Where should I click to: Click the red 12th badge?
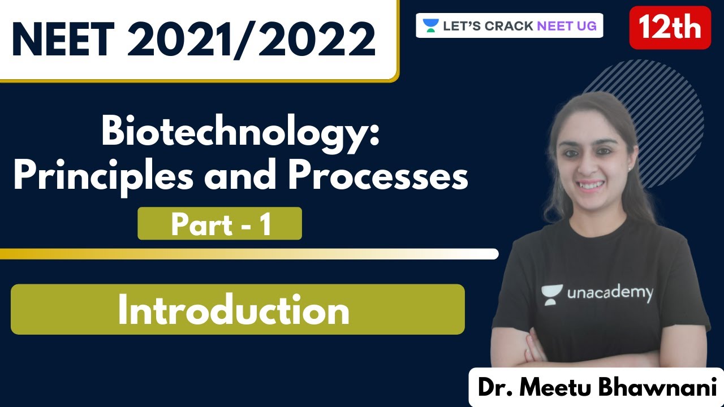[x=670, y=28]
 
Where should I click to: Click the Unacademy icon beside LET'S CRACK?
[x=431, y=25]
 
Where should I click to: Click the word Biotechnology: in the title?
[x=240, y=133]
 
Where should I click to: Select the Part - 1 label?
[x=219, y=224]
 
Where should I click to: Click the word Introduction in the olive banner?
[x=233, y=310]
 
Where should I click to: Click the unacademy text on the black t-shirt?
[x=610, y=293]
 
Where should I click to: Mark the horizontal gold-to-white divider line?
[x=249, y=254]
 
